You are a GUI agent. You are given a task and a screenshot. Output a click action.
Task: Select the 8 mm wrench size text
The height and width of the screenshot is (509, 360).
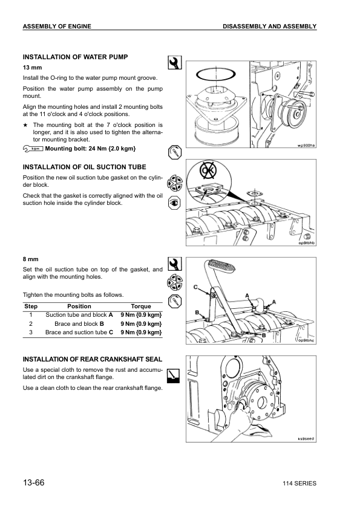pos(30,259)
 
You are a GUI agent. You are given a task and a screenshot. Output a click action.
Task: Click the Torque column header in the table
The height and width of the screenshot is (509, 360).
pos(140,306)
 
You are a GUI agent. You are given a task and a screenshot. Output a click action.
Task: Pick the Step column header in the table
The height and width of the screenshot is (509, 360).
pos(30,306)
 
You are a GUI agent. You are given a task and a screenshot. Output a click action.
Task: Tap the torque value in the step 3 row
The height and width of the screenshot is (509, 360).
pos(140,332)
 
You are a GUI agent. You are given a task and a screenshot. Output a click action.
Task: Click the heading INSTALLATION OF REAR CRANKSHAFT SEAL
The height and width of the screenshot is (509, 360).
pos(92,359)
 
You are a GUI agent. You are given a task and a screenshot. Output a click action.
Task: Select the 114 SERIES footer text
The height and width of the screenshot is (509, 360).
pos(299,484)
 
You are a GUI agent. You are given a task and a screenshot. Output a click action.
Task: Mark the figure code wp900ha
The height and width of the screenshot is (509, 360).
pos(306,146)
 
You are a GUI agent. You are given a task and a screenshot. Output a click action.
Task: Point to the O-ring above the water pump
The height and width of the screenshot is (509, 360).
pos(212,74)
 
